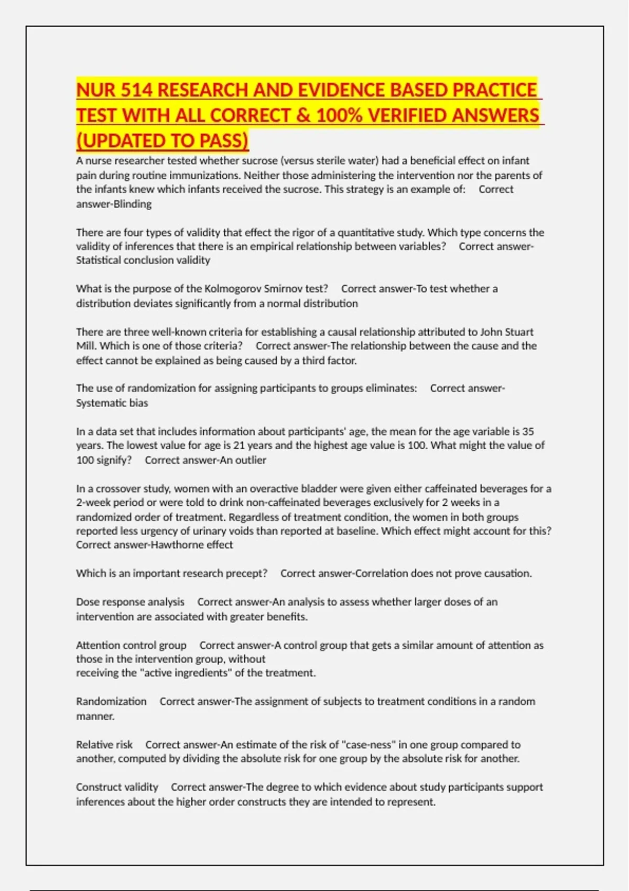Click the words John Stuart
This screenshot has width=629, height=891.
[x=507, y=332]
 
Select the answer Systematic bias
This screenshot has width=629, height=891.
[x=112, y=403]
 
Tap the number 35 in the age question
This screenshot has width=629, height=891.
[x=528, y=431]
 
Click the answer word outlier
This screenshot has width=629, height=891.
[x=249, y=460]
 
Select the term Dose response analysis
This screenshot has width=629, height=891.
[x=130, y=602]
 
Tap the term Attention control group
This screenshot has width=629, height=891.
[x=131, y=645]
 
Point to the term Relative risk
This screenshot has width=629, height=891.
[x=104, y=745]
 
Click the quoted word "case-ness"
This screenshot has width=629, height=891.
[x=368, y=745]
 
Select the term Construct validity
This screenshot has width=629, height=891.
[x=117, y=787]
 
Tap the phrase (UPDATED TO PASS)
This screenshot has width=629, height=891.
[x=162, y=140]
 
